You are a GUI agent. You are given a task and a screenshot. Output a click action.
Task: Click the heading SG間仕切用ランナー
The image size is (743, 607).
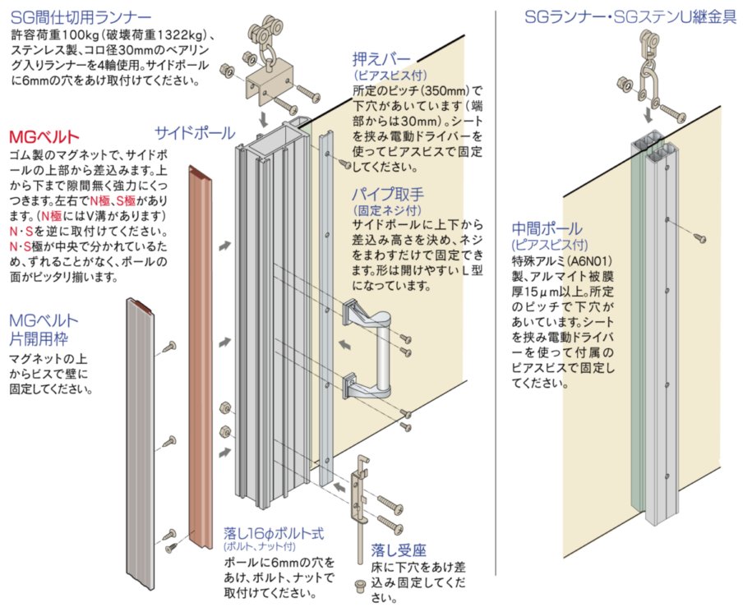[x=81, y=17]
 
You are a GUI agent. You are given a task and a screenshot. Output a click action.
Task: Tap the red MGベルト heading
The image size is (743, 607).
[x=44, y=137]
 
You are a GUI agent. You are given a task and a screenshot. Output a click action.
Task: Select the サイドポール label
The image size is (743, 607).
[x=196, y=133]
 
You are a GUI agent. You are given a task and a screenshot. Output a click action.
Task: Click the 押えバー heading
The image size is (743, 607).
[x=381, y=59]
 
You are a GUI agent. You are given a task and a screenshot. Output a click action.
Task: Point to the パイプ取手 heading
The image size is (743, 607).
[x=388, y=194]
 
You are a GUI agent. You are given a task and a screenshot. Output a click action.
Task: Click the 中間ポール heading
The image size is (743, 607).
[x=547, y=228]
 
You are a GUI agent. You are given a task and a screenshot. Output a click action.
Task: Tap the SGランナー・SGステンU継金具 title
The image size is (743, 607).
[x=630, y=18]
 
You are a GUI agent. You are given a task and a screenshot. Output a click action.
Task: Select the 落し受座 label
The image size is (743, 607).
[x=399, y=550]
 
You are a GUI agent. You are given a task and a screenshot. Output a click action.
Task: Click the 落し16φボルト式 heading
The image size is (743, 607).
[x=274, y=534]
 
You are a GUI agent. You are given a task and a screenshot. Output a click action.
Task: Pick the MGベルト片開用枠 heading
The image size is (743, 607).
[x=44, y=329]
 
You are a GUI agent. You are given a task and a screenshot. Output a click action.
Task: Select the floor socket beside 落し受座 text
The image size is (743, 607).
[x=360, y=585]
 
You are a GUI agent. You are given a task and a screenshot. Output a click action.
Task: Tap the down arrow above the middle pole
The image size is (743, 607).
[x=648, y=114]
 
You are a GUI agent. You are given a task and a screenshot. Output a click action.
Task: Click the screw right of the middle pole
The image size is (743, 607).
[x=700, y=238]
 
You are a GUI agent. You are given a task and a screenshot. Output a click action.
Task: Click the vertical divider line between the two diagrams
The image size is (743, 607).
[x=495, y=292]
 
